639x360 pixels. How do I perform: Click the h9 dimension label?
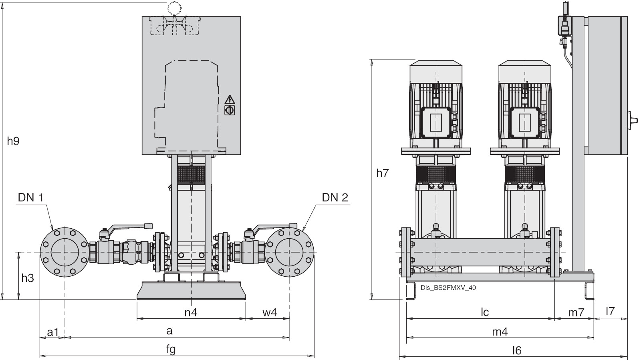tap(13, 141)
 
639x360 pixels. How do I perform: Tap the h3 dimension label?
tap(27, 278)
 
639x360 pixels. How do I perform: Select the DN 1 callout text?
tap(30, 197)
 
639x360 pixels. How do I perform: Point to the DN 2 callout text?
tap(335, 197)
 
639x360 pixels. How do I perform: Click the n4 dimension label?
tap(191, 313)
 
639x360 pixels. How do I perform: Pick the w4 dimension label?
tap(270, 313)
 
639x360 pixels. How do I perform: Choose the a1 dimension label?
tap(53, 332)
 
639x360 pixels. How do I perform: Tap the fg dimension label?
tap(171, 349)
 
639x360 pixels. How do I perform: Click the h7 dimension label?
tap(383, 173)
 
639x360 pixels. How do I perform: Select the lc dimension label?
tap(485, 312)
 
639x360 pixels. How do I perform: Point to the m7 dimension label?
tap(577, 312)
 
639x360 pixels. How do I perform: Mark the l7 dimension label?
tap(610, 311)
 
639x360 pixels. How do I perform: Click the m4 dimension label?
tap(500, 332)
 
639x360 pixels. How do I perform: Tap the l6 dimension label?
tap(517, 350)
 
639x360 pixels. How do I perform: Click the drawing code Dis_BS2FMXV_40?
tap(448, 288)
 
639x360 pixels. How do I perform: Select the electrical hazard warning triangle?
tap(230, 99)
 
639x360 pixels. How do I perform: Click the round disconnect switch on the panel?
tap(230, 110)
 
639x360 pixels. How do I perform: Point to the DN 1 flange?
tap(65, 252)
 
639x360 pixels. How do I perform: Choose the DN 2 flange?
tap(289, 252)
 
